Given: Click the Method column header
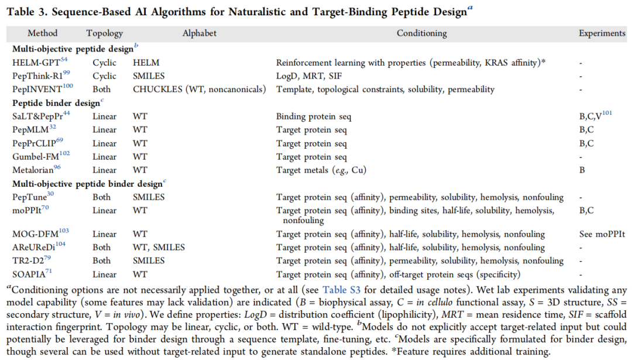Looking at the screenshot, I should [x=42, y=33].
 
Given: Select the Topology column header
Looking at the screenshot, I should [x=104, y=33].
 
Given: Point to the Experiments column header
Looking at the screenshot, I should [x=602, y=33].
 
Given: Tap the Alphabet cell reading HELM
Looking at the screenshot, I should [x=146, y=63].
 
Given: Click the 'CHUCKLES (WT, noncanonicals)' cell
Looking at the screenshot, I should [x=199, y=90].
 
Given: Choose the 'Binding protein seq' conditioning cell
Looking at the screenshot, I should [x=313, y=116].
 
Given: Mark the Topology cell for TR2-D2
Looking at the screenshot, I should [x=101, y=261].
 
